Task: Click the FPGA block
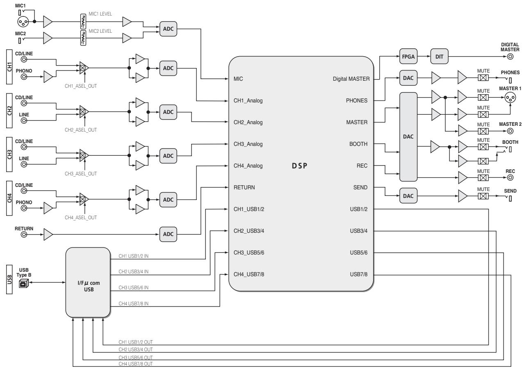point(408,57)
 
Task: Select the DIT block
point(439,57)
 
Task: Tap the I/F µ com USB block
point(88,282)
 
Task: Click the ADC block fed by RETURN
point(168,234)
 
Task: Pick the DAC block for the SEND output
point(408,196)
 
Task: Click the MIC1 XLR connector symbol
point(23,22)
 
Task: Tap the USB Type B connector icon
point(23,283)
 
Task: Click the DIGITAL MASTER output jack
point(510,57)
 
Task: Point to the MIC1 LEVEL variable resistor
point(83,21)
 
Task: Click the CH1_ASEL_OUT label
point(81,86)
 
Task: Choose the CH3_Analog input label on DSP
point(248,144)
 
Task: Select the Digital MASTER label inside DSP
point(351,79)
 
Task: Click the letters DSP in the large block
point(299,166)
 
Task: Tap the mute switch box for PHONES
point(483,77)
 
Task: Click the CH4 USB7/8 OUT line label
point(135,364)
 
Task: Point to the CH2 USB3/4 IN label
point(133,272)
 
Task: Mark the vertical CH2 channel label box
point(9,111)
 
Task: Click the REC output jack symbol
point(510,177)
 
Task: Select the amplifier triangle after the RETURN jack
point(48,234)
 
